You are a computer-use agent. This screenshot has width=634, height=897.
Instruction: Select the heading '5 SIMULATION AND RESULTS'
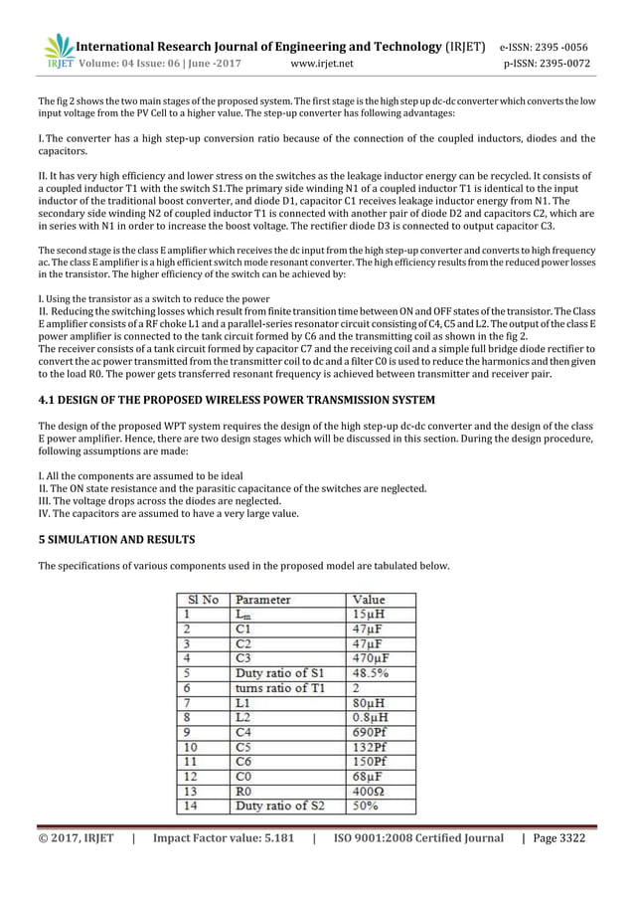115,539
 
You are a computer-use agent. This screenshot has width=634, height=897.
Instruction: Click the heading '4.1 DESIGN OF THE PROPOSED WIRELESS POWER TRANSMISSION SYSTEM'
236,400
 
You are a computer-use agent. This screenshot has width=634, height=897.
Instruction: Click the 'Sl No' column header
195,600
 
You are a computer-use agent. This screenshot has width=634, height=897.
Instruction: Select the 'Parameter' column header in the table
262,600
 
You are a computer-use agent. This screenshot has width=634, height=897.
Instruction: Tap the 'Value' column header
369,600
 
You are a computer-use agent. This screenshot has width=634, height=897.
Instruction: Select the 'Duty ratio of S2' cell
279,806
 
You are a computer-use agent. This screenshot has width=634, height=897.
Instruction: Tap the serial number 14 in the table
189,806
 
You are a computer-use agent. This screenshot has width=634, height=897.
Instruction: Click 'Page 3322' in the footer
559,838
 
